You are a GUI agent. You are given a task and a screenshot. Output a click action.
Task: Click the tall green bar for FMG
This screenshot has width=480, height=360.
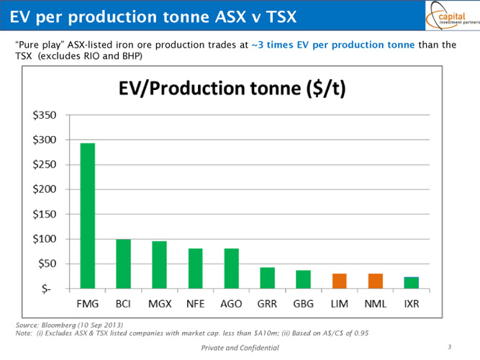tap(87, 216)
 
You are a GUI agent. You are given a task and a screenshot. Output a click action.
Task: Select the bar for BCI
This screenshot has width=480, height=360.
tap(123, 264)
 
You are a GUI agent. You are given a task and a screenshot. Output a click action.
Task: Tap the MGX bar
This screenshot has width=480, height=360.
tap(159, 265)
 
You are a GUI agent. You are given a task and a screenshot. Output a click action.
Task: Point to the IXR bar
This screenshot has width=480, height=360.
tap(412, 282)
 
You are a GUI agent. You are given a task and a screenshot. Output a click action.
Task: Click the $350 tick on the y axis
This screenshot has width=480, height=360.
tap(46, 115)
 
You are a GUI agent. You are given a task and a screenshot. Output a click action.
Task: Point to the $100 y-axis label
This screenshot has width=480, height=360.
tap(46, 239)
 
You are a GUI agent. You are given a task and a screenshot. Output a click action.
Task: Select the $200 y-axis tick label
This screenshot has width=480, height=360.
tap(46, 189)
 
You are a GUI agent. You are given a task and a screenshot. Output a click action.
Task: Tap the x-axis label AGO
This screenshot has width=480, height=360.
tap(231, 303)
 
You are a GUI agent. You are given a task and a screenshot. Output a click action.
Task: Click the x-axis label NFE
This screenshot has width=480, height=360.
tap(195, 303)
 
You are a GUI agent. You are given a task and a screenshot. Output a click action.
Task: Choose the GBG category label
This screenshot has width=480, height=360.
tap(303, 303)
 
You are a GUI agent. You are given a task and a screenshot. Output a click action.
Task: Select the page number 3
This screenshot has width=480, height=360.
tap(448, 347)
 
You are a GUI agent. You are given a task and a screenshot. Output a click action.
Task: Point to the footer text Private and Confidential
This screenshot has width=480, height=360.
tap(239, 348)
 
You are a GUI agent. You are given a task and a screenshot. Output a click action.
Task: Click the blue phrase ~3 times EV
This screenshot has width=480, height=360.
tap(276, 45)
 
